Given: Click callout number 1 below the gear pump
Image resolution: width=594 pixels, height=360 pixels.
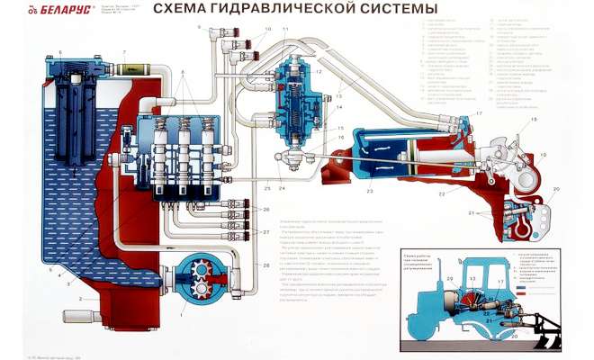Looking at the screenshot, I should (x=184, y=313).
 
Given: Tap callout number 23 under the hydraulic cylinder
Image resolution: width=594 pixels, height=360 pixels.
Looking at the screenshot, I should (x=369, y=192).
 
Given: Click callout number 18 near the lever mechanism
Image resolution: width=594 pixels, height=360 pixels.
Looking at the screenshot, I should (x=532, y=120).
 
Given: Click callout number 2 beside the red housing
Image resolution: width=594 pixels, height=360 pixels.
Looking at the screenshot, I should (x=80, y=298).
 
